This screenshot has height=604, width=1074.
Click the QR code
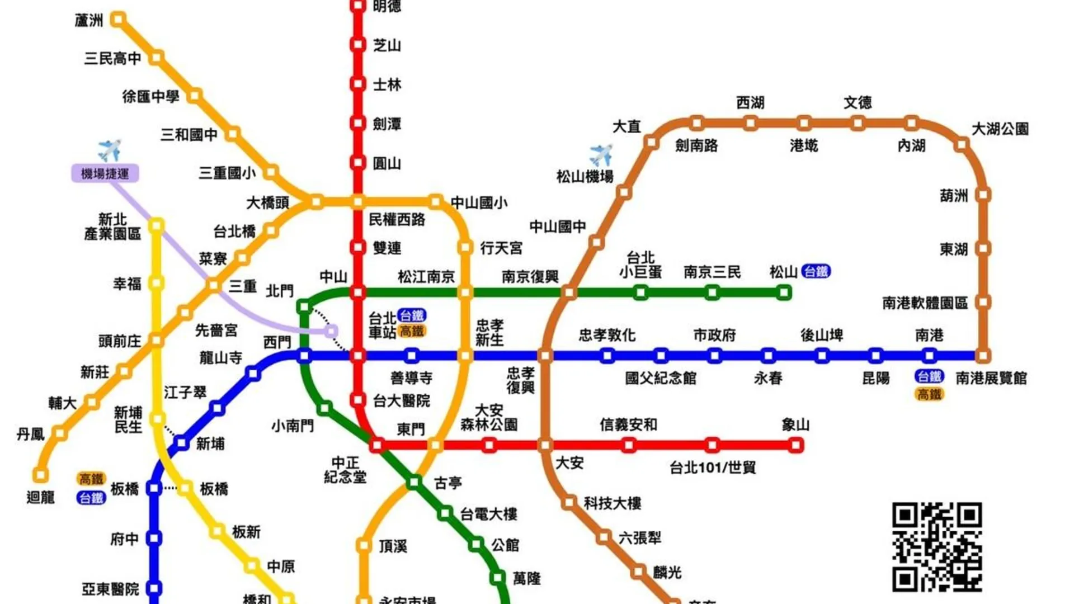coord(937,547)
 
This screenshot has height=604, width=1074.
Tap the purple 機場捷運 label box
coord(105,173)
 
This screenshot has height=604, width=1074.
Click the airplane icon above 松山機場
coord(601,154)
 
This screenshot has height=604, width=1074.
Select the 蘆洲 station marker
coord(117,20)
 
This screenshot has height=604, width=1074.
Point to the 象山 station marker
coord(795,445)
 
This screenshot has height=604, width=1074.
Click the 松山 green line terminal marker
coord(784,292)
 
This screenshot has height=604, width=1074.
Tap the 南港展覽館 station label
coord(991,378)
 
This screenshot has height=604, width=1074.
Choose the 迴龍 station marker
coord(40,475)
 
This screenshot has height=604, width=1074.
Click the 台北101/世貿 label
coord(713,467)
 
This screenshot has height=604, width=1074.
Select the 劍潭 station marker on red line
coord(358,123)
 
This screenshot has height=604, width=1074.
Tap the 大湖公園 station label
coord(1000,129)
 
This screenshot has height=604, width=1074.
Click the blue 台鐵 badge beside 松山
coord(816,272)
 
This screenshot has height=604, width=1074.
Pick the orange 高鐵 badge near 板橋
coord(91,479)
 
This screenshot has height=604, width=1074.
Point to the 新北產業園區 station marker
coord(157,225)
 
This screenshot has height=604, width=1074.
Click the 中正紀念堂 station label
coord(345,470)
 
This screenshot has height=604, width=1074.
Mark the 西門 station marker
coord(304,355)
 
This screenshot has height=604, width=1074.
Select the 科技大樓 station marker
coord(569,502)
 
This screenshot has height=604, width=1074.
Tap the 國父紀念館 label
coord(661,378)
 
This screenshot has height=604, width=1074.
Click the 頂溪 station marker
coord(364,545)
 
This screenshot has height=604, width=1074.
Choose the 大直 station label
coord(626,127)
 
